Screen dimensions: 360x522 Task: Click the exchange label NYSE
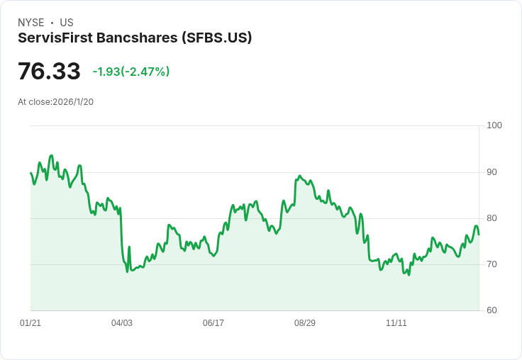(x=31, y=23)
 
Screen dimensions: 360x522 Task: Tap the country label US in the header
(x=67, y=23)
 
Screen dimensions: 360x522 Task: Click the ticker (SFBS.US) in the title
(x=216, y=38)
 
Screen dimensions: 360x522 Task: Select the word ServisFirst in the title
(x=56, y=38)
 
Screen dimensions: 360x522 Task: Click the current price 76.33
(x=49, y=72)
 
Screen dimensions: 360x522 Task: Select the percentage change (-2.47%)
(x=147, y=72)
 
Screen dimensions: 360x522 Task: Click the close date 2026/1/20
(x=73, y=102)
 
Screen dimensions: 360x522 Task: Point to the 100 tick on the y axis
(x=494, y=125)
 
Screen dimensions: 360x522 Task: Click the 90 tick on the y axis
(x=492, y=172)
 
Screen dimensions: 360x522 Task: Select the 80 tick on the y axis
(x=492, y=218)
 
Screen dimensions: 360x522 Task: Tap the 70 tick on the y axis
(x=492, y=264)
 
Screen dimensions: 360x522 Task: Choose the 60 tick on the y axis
(x=492, y=310)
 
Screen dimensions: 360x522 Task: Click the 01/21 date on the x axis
(x=30, y=323)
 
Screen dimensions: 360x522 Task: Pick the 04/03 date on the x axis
(x=122, y=323)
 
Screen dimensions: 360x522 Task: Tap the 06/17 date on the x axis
(x=213, y=323)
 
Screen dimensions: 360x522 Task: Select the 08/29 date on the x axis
(x=305, y=323)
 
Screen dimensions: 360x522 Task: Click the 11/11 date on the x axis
(x=396, y=323)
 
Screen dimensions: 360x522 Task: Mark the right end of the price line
(x=479, y=235)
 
